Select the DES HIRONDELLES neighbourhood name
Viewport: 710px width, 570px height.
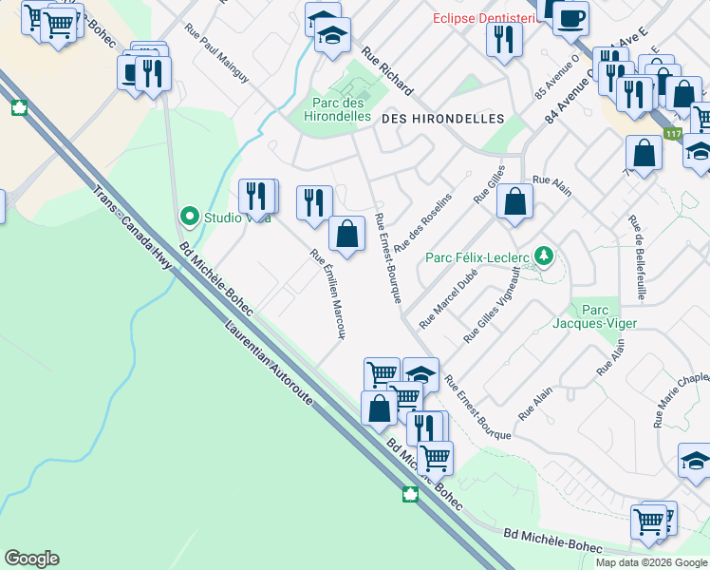[x=442, y=119]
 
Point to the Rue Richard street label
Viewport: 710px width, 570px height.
[x=386, y=72]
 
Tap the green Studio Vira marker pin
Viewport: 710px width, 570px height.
[x=190, y=218]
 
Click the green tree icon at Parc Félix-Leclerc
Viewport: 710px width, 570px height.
[x=543, y=256]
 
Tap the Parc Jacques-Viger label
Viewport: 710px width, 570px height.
[x=594, y=317]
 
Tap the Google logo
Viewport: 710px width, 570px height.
[x=31, y=559]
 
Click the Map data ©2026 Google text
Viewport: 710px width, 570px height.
[x=651, y=562]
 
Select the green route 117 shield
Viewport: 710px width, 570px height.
[x=673, y=136]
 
